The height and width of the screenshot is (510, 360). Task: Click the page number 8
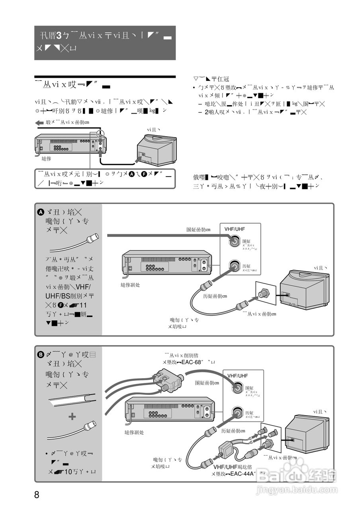point(37,495)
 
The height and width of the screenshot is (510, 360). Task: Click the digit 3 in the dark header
point(59,35)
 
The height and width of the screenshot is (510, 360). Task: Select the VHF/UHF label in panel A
point(235,229)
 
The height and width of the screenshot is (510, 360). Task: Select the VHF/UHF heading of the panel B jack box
point(237,376)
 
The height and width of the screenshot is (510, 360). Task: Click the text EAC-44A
point(243,474)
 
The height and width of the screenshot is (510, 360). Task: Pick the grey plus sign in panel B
point(72,416)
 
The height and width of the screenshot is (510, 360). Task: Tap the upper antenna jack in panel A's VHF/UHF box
point(233,241)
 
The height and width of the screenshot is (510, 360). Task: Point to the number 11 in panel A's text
point(83,305)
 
